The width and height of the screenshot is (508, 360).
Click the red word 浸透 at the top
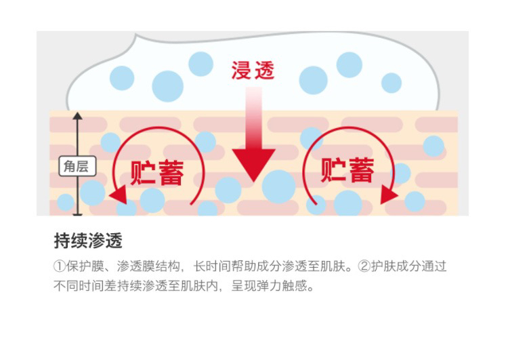(253, 70)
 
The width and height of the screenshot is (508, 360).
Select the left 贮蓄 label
(157, 172)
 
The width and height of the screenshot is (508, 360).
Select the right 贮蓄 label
(347, 169)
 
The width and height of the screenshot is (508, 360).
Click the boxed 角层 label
(77, 165)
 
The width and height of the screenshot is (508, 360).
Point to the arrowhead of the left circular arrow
(118, 196)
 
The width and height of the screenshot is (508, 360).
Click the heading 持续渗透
(88, 241)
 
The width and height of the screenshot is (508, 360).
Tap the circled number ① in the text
(60, 266)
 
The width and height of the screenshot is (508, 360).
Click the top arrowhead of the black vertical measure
(77, 117)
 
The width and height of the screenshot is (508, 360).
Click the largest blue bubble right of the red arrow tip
(279, 185)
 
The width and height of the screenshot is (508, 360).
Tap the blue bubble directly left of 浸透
(200, 64)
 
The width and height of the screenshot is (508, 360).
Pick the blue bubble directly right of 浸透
(314, 80)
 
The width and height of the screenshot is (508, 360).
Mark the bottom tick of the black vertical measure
(77, 214)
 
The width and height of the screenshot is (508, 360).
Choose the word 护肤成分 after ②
(397, 266)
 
